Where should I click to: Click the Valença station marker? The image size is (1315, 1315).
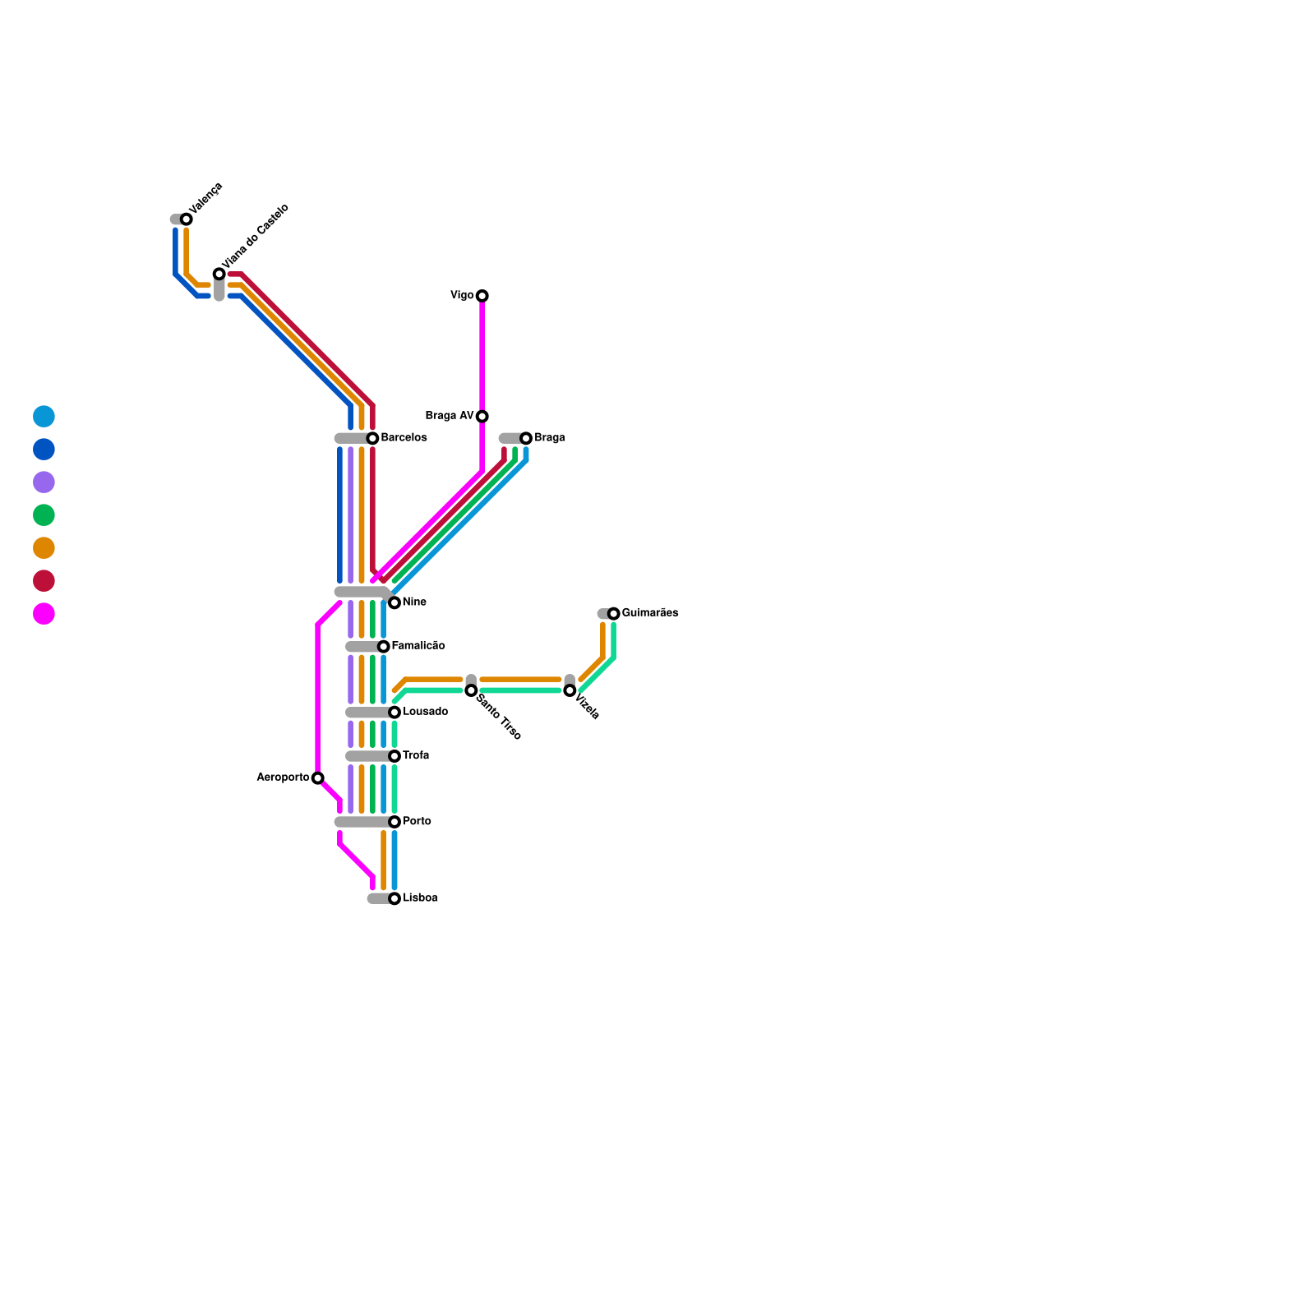(x=187, y=219)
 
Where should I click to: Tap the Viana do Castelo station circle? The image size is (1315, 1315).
(x=219, y=274)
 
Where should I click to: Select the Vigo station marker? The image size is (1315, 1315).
(x=482, y=296)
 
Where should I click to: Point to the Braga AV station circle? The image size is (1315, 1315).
(x=482, y=417)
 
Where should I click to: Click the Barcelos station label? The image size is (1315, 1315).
(x=404, y=438)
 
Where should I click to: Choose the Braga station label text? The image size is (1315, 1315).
(x=549, y=438)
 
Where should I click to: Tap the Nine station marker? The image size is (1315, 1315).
(x=394, y=603)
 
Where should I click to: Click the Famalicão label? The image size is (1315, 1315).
(x=418, y=646)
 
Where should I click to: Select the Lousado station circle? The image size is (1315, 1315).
(x=394, y=713)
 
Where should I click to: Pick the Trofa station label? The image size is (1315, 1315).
(x=416, y=756)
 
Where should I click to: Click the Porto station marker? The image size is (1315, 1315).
(x=394, y=822)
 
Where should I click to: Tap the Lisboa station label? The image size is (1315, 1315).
(x=420, y=898)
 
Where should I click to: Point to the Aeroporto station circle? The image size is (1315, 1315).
(x=318, y=778)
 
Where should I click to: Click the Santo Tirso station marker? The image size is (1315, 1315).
(x=471, y=690)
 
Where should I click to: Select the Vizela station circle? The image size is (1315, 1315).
(x=570, y=690)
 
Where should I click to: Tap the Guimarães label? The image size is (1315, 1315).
(x=649, y=613)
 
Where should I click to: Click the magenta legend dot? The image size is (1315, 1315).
(x=44, y=614)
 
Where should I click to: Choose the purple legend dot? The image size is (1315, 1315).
(x=44, y=482)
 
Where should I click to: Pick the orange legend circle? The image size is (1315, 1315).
(x=44, y=548)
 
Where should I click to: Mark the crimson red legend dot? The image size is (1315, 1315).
(x=44, y=581)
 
